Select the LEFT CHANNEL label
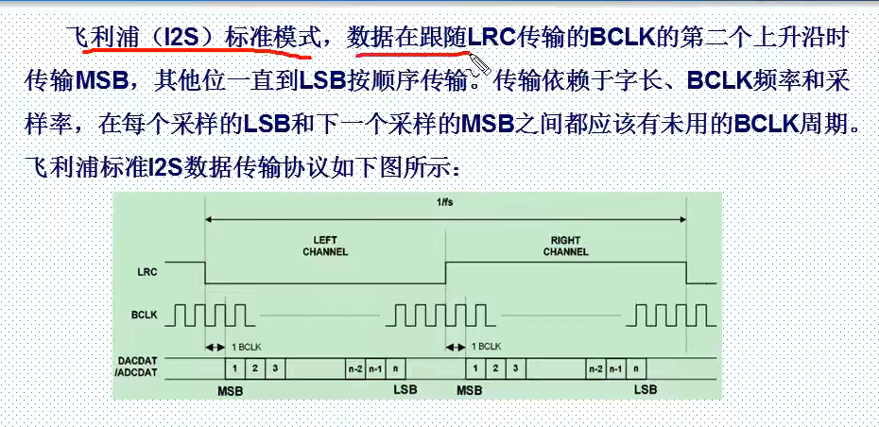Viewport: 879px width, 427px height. [325, 246]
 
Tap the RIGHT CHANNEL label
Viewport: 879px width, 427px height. [566, 246]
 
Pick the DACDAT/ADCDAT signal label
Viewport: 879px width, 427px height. [137, 366]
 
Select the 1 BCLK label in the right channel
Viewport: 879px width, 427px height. [487, 347]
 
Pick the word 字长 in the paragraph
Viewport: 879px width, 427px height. [649, 81]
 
